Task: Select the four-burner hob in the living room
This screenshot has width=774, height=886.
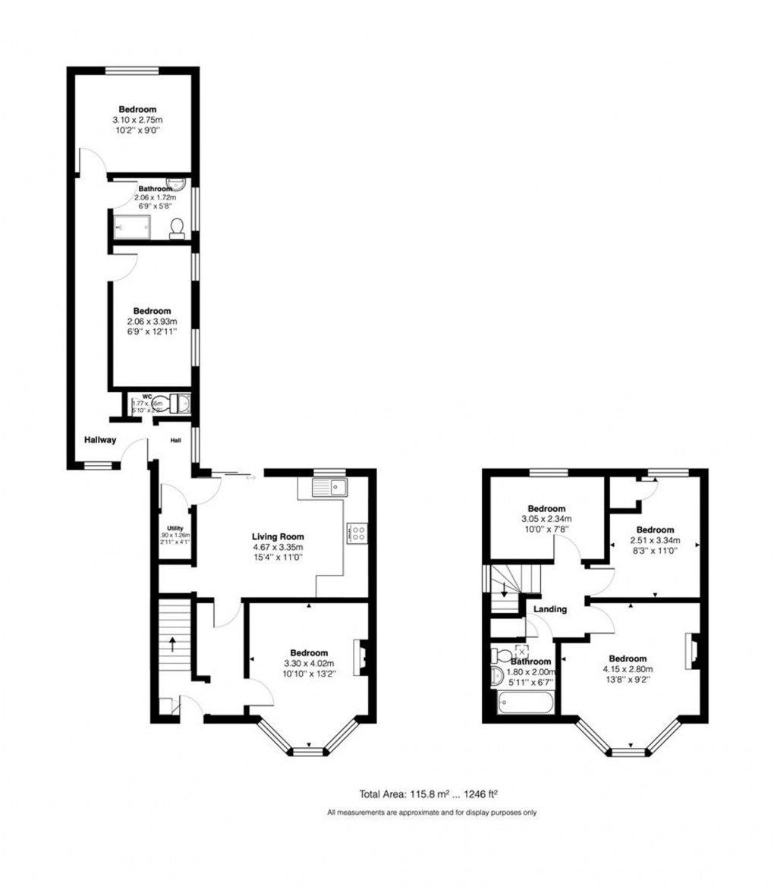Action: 356,533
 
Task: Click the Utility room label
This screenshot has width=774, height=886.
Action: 175,529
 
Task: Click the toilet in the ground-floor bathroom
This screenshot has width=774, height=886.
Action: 177,228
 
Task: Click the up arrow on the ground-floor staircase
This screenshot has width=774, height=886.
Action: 173,645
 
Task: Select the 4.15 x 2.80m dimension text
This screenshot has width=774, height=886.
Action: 628,669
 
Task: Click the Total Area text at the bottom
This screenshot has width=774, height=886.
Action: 429,794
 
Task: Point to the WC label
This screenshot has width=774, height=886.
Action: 137,397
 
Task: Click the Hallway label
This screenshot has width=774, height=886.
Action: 100,438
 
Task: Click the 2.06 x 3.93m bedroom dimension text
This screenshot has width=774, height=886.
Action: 152,322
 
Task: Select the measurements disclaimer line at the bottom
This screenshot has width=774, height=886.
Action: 432,812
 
